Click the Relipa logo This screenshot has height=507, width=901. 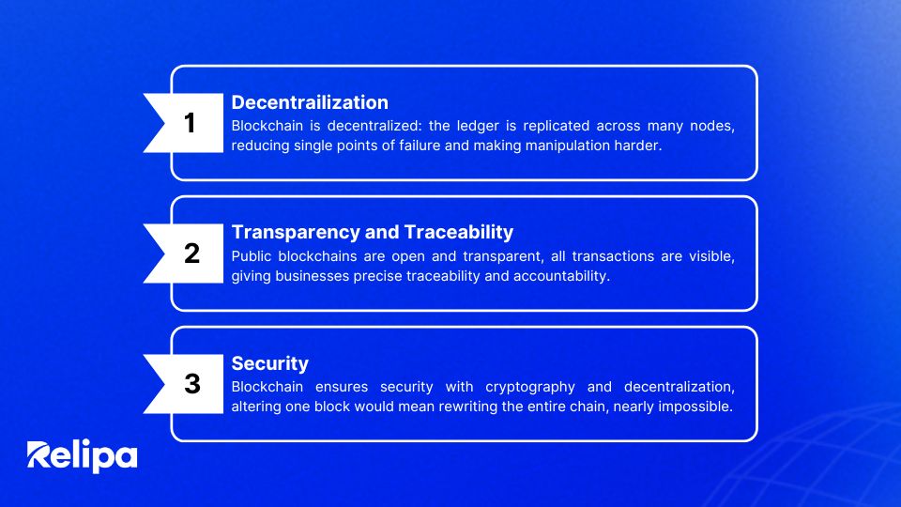[x=83, y=456]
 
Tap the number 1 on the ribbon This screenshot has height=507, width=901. [x=190, y=122]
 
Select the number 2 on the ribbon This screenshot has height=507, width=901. [x=191, y=253]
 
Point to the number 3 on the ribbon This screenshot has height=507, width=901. [x=191, y=383]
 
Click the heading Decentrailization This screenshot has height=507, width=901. [x=310, y=102]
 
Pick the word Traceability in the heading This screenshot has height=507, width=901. [x=459, y=232]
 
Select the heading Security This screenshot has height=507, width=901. [x=270, y=363]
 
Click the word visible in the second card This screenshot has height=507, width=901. [x=712, y=256]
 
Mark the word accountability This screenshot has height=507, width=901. [x=561, y=276]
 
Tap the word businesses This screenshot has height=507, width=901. [x=312, y=276]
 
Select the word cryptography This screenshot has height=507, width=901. [x=529, y=388]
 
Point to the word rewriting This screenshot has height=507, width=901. [x=467, y=407]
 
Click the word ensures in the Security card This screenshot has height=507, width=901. [x=342, y=387]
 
